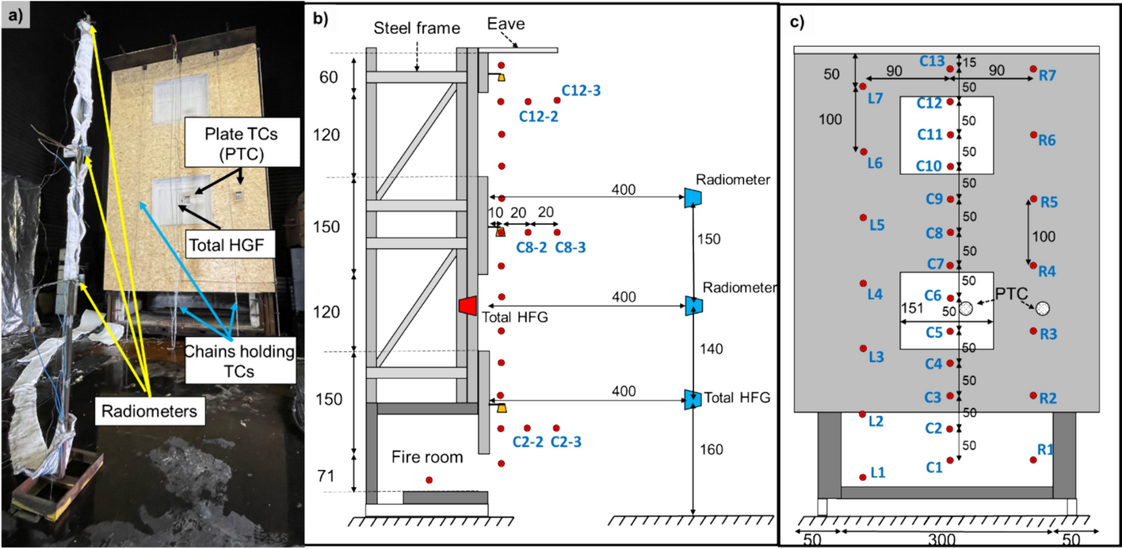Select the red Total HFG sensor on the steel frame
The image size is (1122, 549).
pyautogui.click(x=467, y=305)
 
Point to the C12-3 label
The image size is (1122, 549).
pyautogui.click(x=581, y=91)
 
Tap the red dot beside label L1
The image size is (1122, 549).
pyautogui.click(x=863, y=477)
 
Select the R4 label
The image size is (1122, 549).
pyautogui.click(x=1048, y=271)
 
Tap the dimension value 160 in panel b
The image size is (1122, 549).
pyautogui.click(x=712, y=450)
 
